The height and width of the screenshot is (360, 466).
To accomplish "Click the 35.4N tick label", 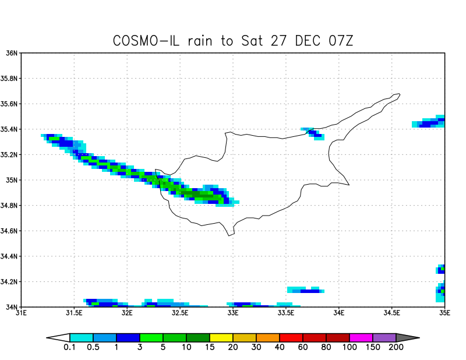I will click(10, 129).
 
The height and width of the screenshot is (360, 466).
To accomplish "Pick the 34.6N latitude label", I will click(10, 231).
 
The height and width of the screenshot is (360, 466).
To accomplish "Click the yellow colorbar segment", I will click(221, 337).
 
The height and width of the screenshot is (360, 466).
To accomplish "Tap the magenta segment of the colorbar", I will click(361, 337).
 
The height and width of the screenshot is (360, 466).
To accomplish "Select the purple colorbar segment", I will click(384, 337).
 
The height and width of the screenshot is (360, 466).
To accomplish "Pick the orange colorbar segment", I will click(268, 337).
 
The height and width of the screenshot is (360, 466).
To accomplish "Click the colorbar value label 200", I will click(396, 348).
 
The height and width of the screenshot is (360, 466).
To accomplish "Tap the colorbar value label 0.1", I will click(70, 348).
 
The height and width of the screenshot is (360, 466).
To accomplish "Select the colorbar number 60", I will click(303, 348).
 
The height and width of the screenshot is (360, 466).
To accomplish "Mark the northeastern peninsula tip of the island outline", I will click(400, 94).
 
